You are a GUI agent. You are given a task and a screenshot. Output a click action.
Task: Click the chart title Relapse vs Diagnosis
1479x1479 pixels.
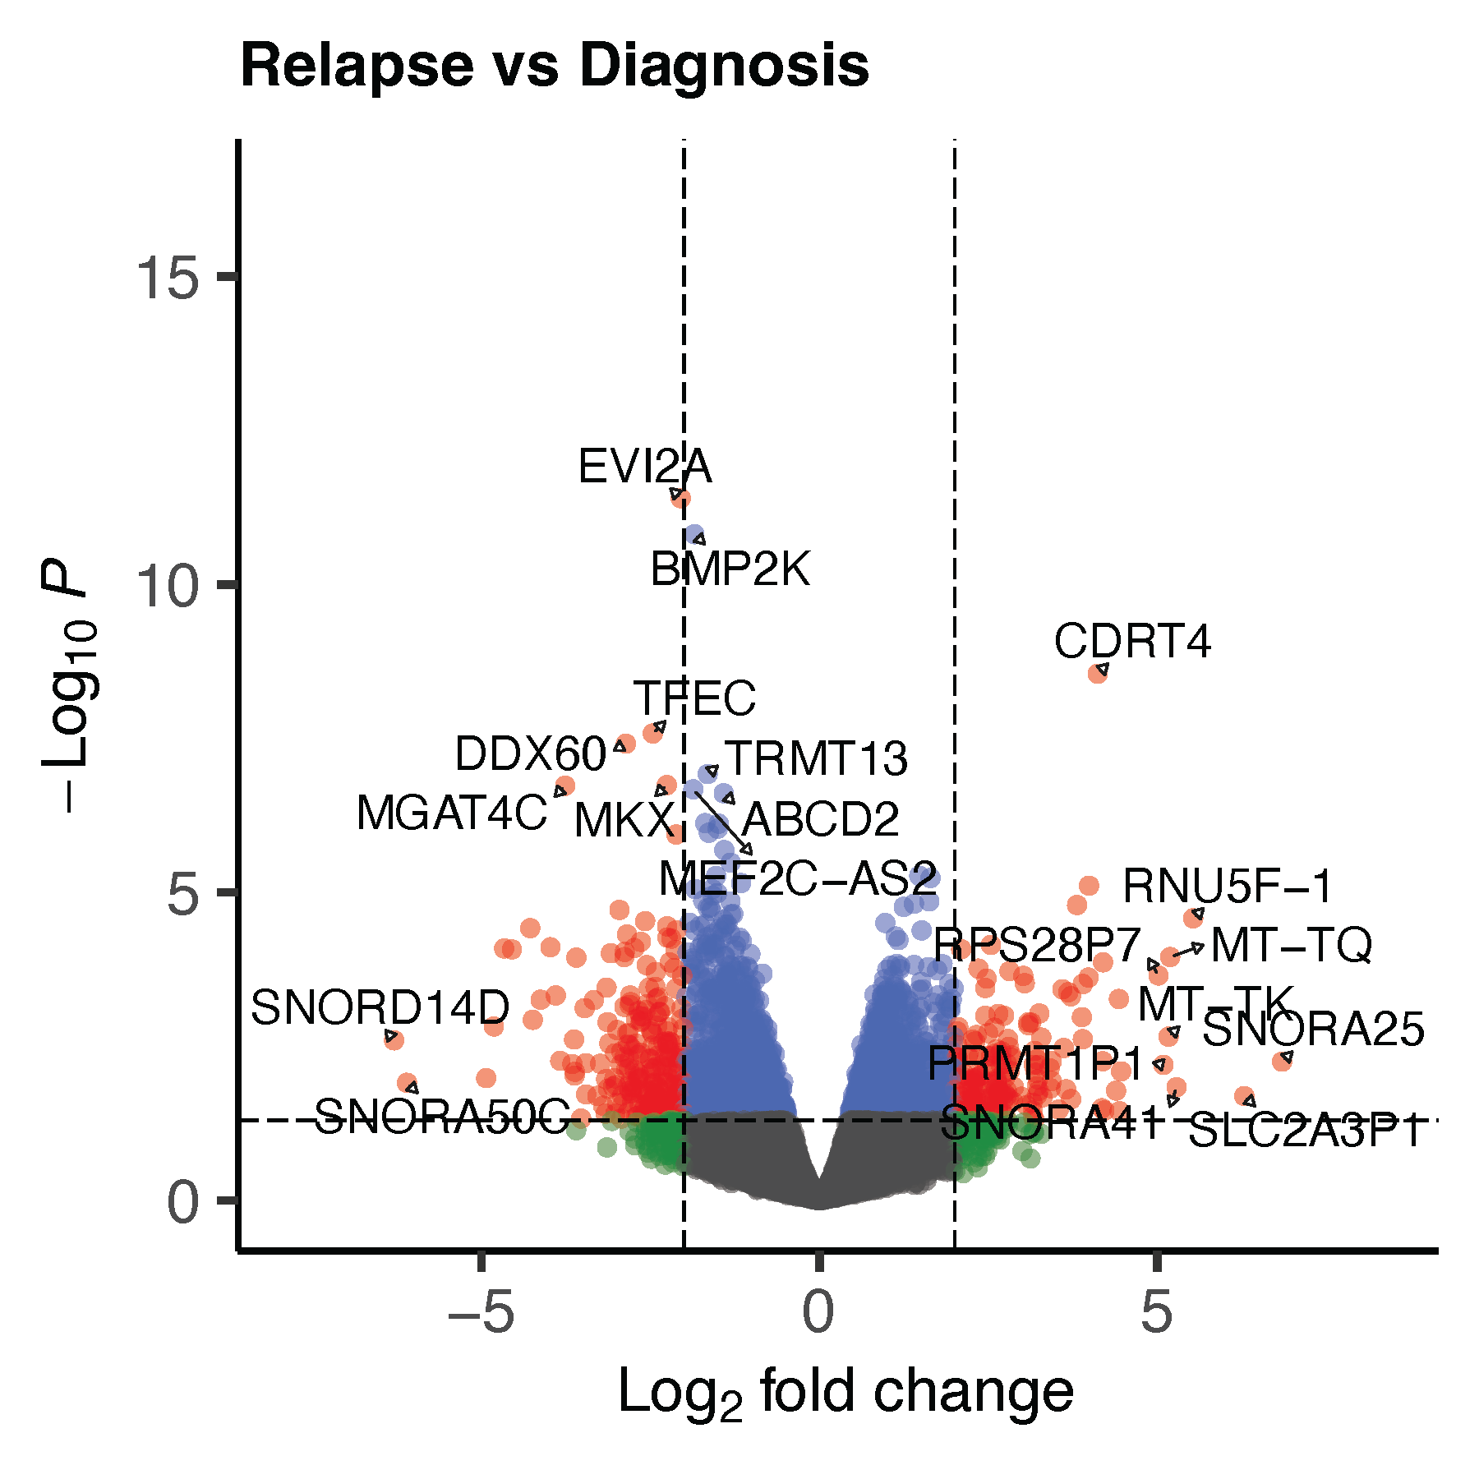coord(555,66)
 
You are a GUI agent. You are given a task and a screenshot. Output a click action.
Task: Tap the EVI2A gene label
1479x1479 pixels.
coord(645,467)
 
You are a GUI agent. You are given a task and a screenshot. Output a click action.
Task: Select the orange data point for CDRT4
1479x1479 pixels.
coord(1098,673)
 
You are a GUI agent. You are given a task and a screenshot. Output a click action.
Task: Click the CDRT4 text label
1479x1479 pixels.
coord(1132,641)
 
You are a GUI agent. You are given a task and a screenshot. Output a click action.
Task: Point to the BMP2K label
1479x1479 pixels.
coord(730,569)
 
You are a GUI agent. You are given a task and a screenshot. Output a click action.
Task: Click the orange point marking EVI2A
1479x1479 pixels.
coord(680,498)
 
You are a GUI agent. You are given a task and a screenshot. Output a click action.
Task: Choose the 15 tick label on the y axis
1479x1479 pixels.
coord(168,278)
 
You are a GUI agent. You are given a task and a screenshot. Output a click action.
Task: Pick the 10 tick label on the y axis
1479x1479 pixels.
coord(168,587)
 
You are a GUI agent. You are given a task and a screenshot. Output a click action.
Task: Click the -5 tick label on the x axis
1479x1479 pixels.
coord(481,1312)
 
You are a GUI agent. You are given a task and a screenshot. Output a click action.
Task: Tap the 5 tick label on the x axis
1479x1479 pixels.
coord(1156,1312)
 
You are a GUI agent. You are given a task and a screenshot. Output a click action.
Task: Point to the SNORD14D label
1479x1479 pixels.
coord(380,1007)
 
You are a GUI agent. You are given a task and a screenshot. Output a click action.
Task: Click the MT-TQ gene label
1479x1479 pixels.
coord(1291,945)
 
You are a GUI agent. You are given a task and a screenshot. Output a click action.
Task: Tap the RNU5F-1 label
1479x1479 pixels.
coord(1228,886)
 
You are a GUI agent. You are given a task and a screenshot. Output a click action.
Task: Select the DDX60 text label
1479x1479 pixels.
coord(530,753)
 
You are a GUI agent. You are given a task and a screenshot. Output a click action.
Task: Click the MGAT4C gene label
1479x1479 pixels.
coord(451,813)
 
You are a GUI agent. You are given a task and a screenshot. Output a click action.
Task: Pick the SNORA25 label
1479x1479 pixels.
coord(1313,1030)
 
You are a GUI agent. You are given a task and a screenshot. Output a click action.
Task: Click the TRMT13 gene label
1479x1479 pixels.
coord(816,758)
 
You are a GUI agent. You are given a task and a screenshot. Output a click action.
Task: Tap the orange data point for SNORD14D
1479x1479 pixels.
coord(394,1039)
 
